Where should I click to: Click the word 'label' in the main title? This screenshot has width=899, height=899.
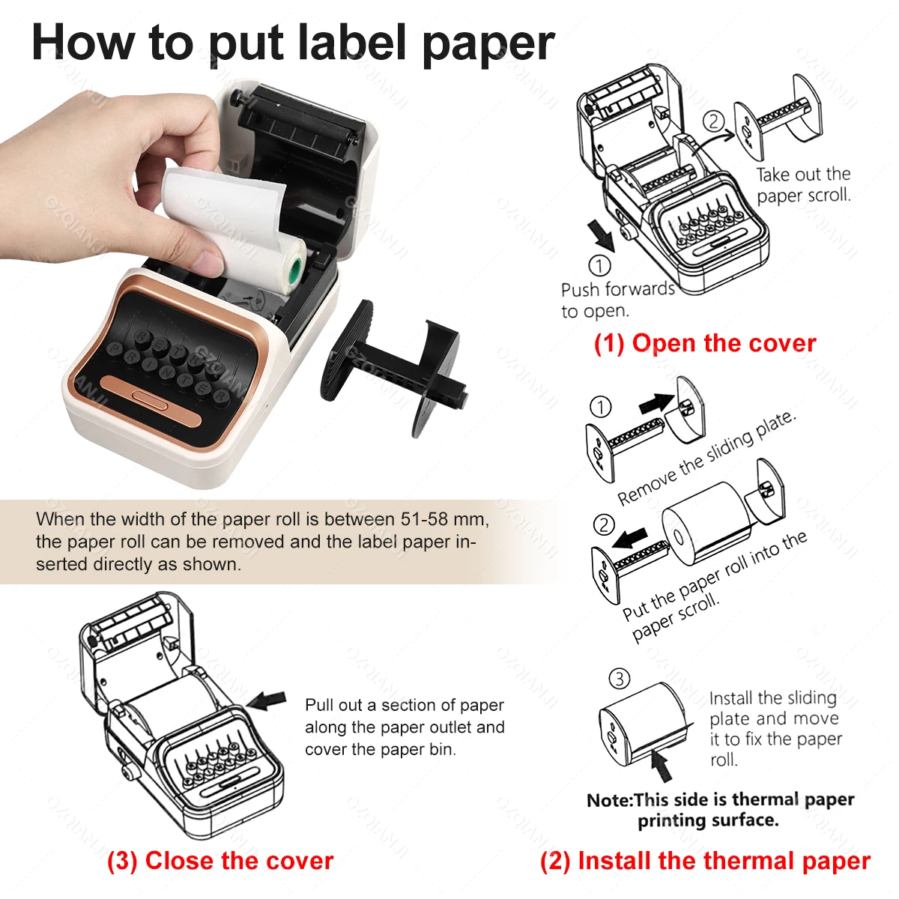(354, 43)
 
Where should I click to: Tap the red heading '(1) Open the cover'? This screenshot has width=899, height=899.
(704, 343)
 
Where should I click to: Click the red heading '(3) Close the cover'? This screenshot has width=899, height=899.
(220, 861)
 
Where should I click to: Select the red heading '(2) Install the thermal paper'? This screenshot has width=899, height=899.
(705, 861)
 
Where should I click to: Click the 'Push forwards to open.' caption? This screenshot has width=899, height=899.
(617, 300)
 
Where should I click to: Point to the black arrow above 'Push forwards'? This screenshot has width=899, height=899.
(601, 233)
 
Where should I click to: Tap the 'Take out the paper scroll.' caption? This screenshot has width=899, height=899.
(803, 185)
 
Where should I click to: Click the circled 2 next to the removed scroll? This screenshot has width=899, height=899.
(714, 121)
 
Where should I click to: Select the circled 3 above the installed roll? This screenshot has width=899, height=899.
(619, 679)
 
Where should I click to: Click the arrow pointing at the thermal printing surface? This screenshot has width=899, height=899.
(660, 765)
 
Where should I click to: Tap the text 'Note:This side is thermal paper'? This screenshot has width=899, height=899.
(720, 799)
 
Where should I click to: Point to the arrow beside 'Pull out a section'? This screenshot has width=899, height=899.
(267, 701)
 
